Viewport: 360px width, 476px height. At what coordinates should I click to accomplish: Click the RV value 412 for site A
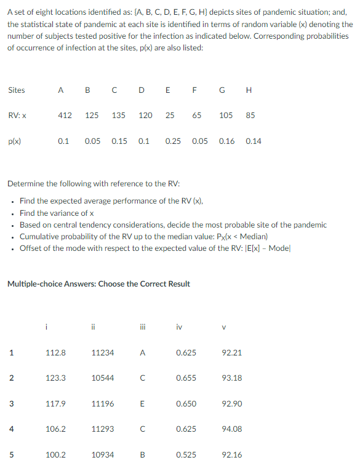(65, 115)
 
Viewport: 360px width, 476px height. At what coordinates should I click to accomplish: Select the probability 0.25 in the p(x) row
(173, 141)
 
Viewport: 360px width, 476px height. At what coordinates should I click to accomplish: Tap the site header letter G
(222, 90)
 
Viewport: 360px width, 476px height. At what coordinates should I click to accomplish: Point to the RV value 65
(196, 115)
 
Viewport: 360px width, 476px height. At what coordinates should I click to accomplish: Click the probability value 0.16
(226, 141)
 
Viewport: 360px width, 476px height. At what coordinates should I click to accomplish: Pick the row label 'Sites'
(17, 90)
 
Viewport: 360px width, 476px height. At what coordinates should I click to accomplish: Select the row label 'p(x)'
(14, 141)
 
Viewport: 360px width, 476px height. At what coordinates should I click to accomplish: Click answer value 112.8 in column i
(56, 352)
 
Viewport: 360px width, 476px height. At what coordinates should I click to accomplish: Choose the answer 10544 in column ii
(102, 378)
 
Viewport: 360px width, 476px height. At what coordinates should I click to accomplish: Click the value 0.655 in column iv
(186, 378)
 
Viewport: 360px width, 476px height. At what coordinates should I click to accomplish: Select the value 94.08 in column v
(232, 429)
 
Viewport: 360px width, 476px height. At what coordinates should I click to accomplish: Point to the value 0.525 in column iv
(186, 454)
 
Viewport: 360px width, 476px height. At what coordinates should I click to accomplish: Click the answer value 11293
(102, 429)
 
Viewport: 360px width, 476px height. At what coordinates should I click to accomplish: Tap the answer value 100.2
(56, 454)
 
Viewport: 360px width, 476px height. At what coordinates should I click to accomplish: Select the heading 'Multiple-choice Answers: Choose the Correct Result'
(98, 284)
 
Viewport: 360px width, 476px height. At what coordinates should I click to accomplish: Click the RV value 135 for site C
(119, 115)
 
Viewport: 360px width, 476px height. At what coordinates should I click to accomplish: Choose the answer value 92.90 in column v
(232, 403)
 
